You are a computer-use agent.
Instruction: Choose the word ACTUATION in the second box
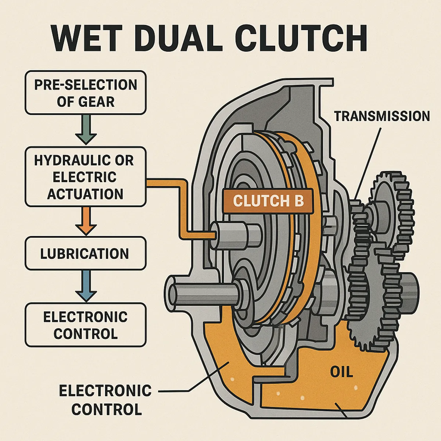(x=85, y=194)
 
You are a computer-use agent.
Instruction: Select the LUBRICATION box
(x=85, y=254)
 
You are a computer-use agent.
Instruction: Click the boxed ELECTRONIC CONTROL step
(x=85, y=325)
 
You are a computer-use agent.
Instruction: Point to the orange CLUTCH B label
(x=269, y=201)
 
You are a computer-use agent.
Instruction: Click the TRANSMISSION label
(x=381, y=116)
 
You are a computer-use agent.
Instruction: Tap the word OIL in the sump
(x=341, y=373)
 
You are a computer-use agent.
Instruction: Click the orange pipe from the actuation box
(x=182, y=206)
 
